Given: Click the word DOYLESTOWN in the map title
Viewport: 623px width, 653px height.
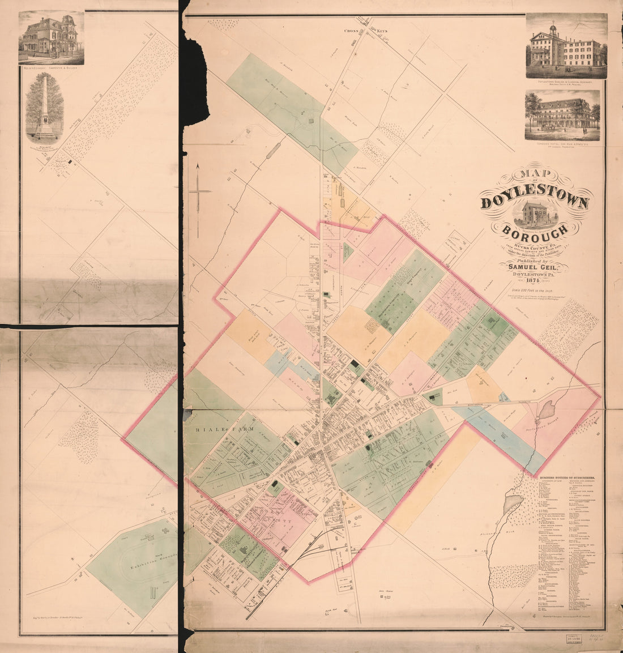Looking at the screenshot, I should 535,203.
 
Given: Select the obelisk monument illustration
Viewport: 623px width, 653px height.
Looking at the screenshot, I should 44,108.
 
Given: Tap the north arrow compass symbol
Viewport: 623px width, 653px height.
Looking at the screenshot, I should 199,198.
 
